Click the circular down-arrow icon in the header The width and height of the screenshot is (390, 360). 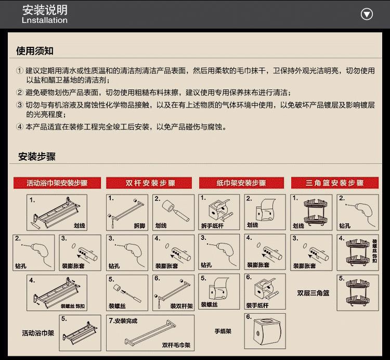tap(367, 14)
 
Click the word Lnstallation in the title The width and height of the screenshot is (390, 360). tap(45, 21)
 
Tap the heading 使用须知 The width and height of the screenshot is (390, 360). tap(35, 51)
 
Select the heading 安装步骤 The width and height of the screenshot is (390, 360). tap(37, 157)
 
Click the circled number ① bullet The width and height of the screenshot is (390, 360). tap(20, 71)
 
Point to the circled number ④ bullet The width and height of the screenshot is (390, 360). tap(20, 126)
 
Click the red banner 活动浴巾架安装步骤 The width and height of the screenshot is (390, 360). tap(57, 183)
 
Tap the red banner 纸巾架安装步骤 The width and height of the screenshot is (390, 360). tap(241, 183)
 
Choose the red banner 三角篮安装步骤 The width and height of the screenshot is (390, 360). tap(334, 183)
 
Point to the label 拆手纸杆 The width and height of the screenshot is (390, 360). tap(211, 226)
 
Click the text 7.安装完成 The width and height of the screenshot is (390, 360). tap(123, 321)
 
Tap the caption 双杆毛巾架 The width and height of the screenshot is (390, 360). tap(176, 344)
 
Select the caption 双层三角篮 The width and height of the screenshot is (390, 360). tap(313, 293)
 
